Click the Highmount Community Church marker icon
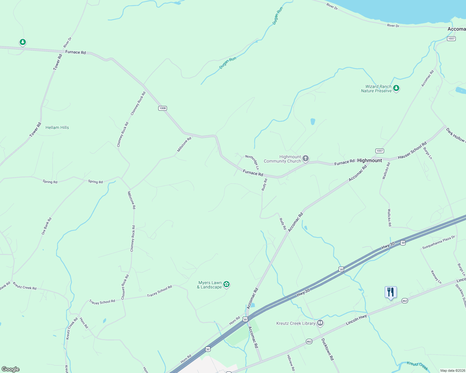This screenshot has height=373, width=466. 306,159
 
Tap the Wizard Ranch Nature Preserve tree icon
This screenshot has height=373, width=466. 396,88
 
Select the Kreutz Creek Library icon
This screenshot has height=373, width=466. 320,323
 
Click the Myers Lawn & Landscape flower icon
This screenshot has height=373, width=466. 226,284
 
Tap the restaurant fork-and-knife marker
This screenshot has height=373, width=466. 391,292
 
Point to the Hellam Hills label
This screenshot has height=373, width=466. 57,127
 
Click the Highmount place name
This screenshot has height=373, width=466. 369,160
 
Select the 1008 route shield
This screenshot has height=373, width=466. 163,108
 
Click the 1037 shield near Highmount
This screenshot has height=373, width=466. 379,151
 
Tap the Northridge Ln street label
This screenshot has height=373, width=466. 252,162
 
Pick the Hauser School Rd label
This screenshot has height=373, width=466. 412,151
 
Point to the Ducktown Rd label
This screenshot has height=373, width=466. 328,349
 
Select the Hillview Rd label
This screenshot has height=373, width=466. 291,363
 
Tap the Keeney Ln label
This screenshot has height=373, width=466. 436,277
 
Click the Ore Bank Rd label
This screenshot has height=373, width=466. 46,226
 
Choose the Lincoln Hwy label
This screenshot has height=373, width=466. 356,320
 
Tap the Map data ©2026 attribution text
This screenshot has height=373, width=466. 452,371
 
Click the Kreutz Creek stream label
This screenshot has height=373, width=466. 417,366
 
